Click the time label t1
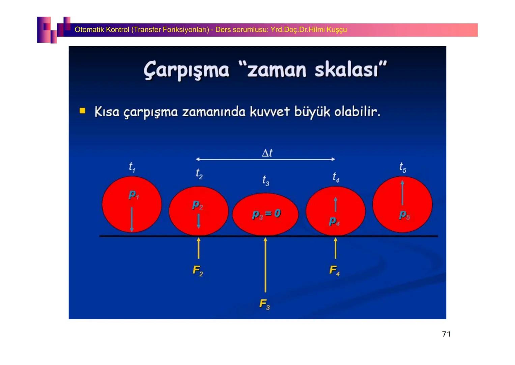coord(132,167)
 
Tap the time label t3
coord(266,180)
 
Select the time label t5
coord(403,167)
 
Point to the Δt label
coord(267,153)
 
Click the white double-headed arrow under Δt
coord(265,159)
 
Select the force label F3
coord(264,304)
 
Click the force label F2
coord(198,271)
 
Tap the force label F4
coord(334,270)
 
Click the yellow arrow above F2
coord(199,248)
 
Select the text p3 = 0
coord(266,214)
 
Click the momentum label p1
coord(134,195)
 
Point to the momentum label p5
coord(404,215)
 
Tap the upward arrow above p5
coord(402,192)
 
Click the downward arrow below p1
coord(132,219)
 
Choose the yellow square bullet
coord(82,111)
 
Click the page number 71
coord(446,334)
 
